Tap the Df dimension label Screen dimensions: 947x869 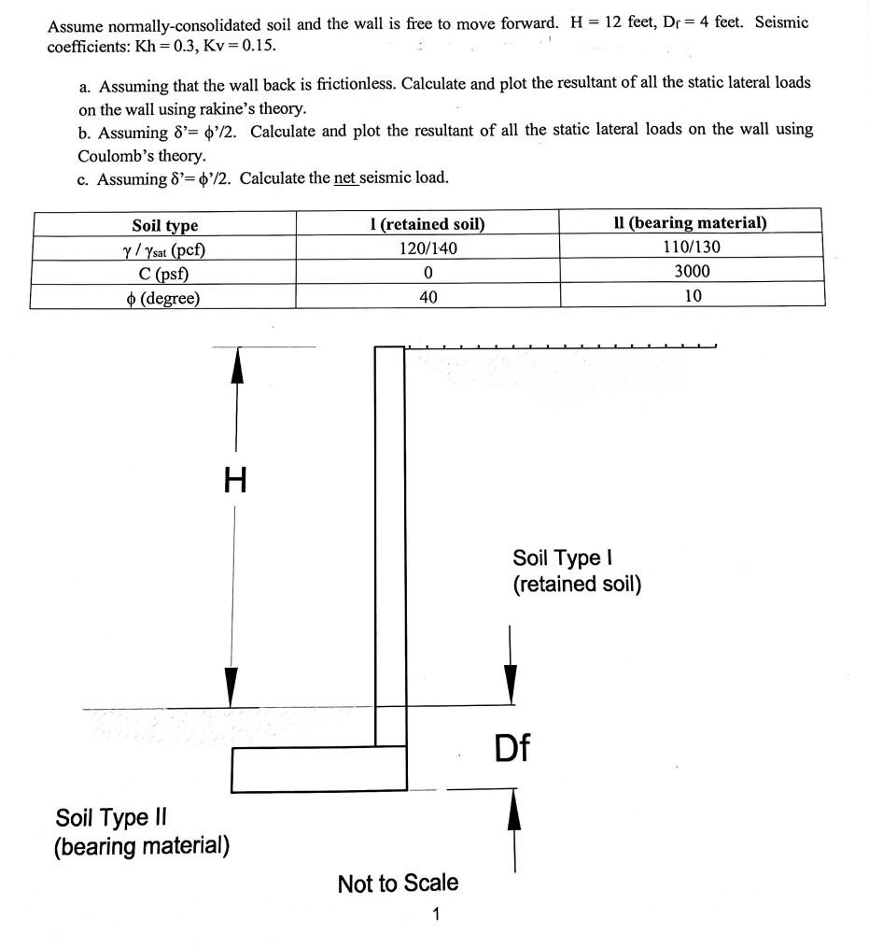(x=512, y=747)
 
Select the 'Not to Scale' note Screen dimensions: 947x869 (x=398, y=883)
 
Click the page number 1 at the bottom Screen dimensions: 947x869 (x=435, y=913)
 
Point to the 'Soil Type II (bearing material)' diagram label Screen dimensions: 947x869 (x=142, y=832)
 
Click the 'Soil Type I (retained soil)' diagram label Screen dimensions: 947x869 (x=576, y=571)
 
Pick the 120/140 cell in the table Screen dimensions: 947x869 (x=427, y=247)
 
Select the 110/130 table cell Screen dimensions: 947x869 (x=691, y=247)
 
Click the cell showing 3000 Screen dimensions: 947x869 (x=691, y=272)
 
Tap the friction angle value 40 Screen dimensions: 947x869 (x=427, y=297)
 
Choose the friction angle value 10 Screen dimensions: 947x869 (x=692, y=297)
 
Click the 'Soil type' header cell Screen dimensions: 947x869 (x=164, y=225)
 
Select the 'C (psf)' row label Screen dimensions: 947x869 (x=164, y=274)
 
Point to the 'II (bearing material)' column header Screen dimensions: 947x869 (x=690, y=223)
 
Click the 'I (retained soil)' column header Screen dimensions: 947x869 (x=427, y=224)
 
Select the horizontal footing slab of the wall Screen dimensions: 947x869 (x=318, y=769)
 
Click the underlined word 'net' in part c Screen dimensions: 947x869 (x=346, y=177)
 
